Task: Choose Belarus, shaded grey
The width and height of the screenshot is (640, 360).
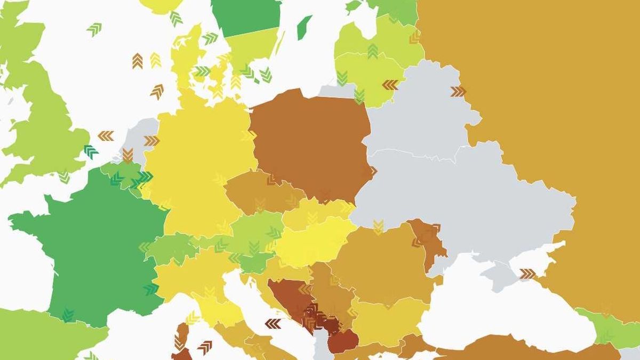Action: tap(421, 112)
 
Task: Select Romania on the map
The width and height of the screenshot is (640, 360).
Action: tap(379, 261)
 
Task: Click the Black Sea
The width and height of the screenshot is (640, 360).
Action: tap(496, 309)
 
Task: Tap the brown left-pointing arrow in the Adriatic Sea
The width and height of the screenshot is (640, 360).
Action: tap(273, 324)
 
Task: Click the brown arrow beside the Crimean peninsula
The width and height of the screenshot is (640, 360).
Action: tap(527, 274)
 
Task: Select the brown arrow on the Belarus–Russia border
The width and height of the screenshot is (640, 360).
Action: tap(458, 92)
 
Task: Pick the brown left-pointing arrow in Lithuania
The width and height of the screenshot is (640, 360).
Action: tap(390, 85)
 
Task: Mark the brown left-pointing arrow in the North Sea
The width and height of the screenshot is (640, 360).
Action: tap(106, 136)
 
